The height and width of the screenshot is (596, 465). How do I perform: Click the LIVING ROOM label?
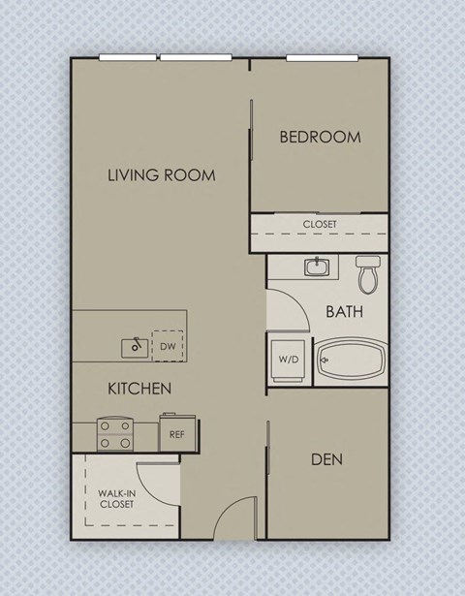161,175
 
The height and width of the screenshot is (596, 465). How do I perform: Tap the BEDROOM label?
320,137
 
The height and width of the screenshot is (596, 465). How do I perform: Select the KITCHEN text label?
139,389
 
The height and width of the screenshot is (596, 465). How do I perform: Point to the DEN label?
326,458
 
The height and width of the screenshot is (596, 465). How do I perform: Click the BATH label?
344,312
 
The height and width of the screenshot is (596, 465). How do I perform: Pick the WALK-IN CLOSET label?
116,499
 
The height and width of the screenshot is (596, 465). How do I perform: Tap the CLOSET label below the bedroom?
320,224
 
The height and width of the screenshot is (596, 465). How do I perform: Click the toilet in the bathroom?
367,274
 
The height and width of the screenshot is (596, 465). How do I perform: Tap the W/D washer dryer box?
289,360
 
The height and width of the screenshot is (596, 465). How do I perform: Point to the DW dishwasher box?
168,345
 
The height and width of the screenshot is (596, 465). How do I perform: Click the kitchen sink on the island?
135,345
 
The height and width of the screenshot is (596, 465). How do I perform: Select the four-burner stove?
115,434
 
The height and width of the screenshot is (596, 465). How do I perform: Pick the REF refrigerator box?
177,433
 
